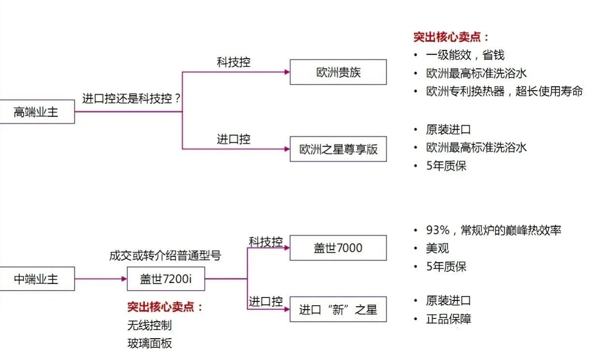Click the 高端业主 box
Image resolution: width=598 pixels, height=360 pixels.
[36, 112]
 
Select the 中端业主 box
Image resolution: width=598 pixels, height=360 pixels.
[36, 279]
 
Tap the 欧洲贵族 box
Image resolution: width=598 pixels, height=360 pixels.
[338, 73]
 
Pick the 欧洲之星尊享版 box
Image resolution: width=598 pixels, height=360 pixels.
[338, 149]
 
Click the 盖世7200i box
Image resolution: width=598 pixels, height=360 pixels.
[165, 279]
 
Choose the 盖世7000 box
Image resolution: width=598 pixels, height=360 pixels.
[338, 248]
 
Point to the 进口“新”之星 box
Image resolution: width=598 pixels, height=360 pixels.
[338, 310]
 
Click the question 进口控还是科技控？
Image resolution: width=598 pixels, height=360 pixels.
[132, 99]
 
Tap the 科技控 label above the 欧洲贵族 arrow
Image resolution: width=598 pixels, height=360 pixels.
[234, 62]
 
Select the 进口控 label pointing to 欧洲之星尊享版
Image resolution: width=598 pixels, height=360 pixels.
[234, 139]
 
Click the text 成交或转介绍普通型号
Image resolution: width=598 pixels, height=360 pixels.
[165, 255]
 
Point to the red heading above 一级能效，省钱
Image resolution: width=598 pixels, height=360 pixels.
[451, 37]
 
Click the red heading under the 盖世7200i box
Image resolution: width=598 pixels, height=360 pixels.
[165, 307]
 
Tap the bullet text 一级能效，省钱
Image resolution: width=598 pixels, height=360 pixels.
[465, 55]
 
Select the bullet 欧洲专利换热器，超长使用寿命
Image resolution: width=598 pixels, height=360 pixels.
[504, 91]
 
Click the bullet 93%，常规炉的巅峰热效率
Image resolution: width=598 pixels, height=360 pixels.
[493, 230]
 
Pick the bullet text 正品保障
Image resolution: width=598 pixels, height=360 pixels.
[448, 319]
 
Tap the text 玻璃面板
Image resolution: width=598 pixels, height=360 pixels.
[149, 344]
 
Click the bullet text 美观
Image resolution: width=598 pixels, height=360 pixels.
[437, 249]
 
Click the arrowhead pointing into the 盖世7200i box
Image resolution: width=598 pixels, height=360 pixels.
[123, 279]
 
